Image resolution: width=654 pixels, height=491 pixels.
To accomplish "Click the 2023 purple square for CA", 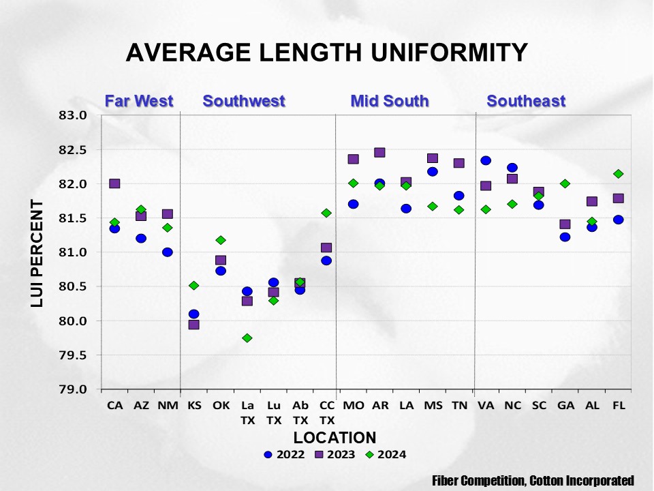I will [114, 183].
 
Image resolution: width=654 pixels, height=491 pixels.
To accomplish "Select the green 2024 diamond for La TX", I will [247, 338].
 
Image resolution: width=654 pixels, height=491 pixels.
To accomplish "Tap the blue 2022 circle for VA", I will [486, 160].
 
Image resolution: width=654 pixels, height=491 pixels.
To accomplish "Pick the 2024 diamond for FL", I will [618, 174].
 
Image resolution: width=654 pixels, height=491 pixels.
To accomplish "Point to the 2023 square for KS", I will [194, 325].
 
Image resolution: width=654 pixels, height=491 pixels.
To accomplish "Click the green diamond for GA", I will [565, 183].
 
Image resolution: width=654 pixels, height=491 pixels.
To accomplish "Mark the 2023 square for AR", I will [379, 152].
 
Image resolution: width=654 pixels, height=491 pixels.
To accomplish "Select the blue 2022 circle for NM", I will [168, 252].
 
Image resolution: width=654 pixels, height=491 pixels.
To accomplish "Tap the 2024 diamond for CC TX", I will [326, 213].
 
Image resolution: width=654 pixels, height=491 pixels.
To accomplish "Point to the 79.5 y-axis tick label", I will [74, 355].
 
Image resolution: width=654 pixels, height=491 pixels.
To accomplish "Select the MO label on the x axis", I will [353, 405].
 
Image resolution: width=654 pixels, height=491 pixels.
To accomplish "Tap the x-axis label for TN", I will [459, 405].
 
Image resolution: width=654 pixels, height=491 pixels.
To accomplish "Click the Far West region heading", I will [139, 102].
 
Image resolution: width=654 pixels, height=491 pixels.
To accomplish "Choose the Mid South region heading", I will [390, 102].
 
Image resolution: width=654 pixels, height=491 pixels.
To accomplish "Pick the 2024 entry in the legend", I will [385, 454].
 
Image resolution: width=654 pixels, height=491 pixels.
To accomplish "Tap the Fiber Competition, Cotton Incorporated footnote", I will [533, 480].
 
